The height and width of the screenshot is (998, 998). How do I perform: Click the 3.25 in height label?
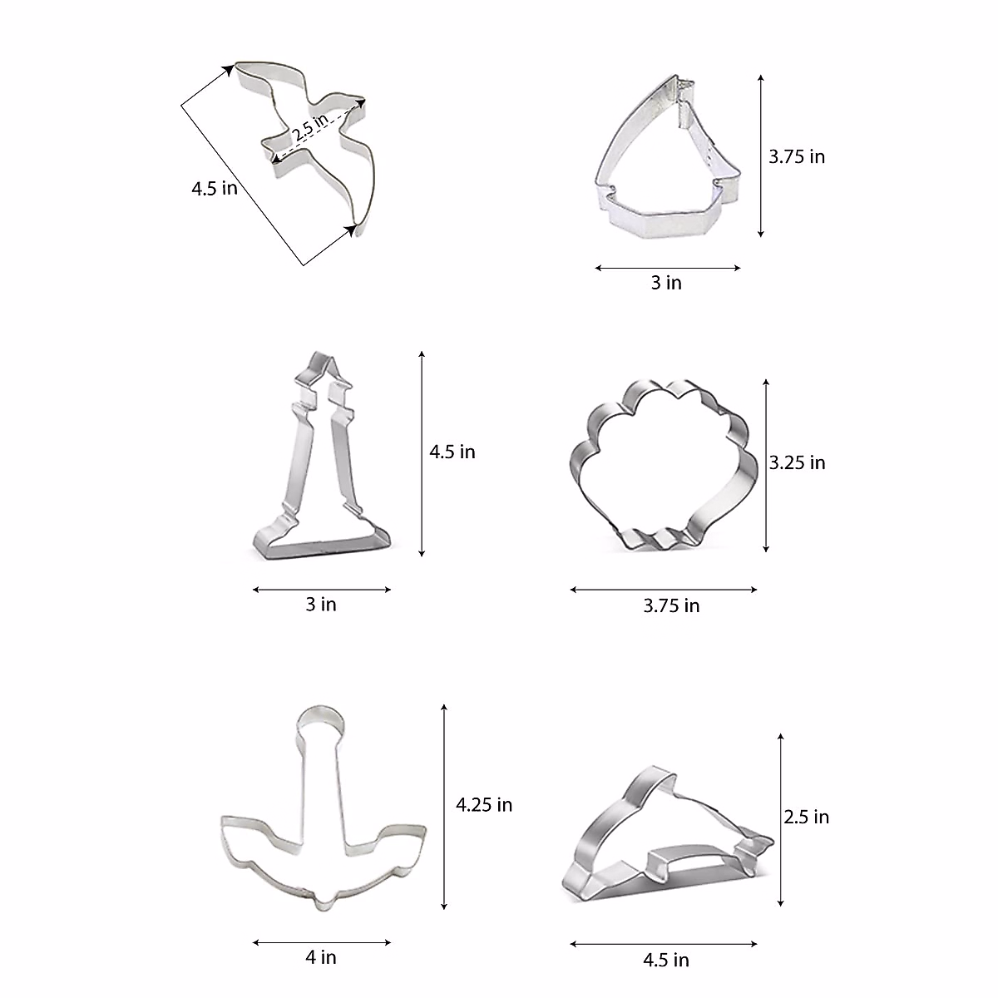point(797,462)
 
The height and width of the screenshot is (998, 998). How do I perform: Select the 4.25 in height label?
point(484,804)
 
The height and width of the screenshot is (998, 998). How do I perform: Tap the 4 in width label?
point(321,957)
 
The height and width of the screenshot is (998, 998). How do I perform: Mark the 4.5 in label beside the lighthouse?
point(452,452)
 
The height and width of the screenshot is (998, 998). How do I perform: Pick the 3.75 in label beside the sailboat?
point(797,156)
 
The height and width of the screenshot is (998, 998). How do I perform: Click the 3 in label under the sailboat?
point(666,283)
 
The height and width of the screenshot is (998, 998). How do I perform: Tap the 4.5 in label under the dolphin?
point(666,961)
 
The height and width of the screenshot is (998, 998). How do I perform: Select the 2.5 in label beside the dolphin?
point(807,817)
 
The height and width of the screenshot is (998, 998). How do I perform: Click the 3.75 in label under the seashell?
point(671,605)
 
